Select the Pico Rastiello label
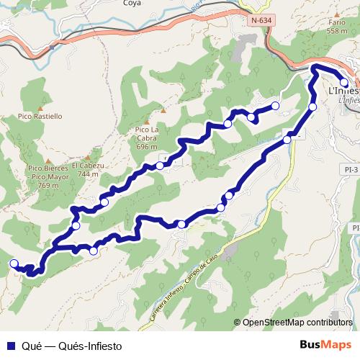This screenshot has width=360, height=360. pos(39,115)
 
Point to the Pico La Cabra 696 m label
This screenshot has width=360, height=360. pos(146,138)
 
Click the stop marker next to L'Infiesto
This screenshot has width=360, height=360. pos(344,83)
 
